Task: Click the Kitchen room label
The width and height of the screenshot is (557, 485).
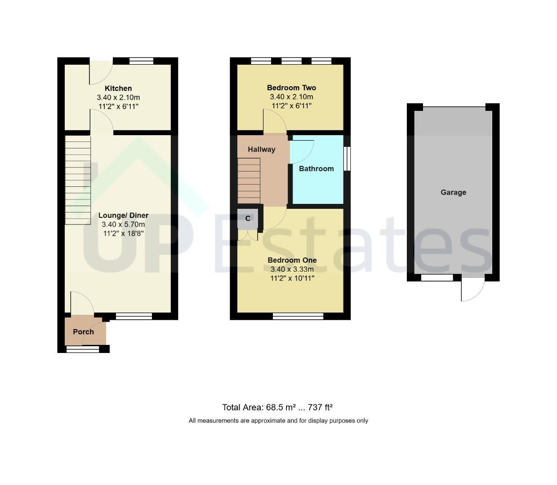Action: click(x=118, y=88)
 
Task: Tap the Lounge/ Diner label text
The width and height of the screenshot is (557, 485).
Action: click(x=123, y=215)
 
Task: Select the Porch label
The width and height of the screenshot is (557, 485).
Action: click(x=83, y=332)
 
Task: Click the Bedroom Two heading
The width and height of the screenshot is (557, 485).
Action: click(x=291, y=88)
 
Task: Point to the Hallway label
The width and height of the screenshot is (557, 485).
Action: click(x=261, y=149)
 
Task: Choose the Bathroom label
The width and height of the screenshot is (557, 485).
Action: click(x=316, y=168)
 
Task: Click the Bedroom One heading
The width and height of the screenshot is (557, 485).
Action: click(x=292, y=260)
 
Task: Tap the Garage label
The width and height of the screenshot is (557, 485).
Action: click(x=453, y=193)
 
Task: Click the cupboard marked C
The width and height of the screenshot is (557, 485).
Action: click(x=247, y=219)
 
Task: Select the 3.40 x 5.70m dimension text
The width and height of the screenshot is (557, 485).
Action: click(x=123, y=225)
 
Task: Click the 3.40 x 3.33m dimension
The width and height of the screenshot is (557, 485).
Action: click(x=292, y=269)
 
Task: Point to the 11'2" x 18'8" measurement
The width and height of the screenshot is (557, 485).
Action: click(x=123, y=234)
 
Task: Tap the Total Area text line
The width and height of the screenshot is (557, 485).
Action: click(x=277, y=407)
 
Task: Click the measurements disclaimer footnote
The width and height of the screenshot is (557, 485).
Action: click(x=278, y=421)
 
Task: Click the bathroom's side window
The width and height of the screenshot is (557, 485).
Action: click(x=347, y=159)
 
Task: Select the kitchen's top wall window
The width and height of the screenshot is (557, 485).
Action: click(x=141, y=61)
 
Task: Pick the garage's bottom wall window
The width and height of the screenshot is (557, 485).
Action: click(x=437, y=278)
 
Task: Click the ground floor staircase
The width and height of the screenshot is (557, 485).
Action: click(x=78, y=180)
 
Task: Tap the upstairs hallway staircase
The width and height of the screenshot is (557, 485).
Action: click(x=249, y=181)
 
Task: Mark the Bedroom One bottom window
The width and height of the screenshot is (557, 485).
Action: click(x=298, y=316)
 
